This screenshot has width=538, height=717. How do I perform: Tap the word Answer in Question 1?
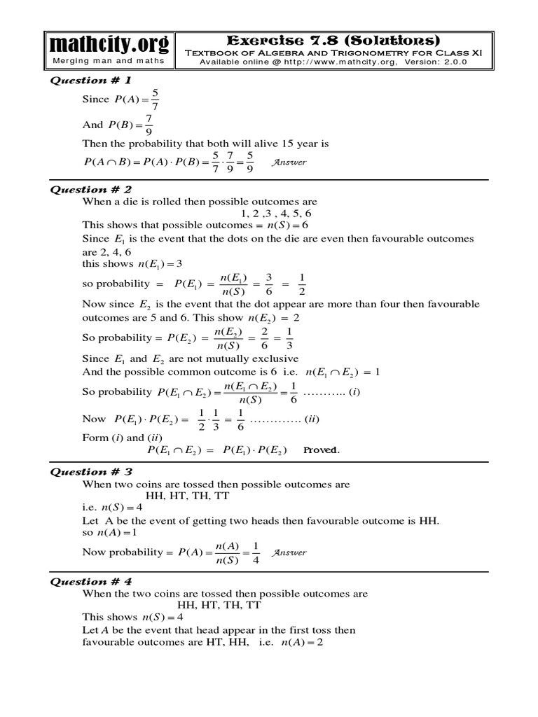[289, 162]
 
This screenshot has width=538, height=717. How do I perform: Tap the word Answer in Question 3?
[289, 552]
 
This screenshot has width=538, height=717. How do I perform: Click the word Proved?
[321, 450]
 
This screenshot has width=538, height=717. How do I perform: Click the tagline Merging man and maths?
[109, 61]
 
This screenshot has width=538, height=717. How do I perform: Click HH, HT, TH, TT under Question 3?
[188, 495]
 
